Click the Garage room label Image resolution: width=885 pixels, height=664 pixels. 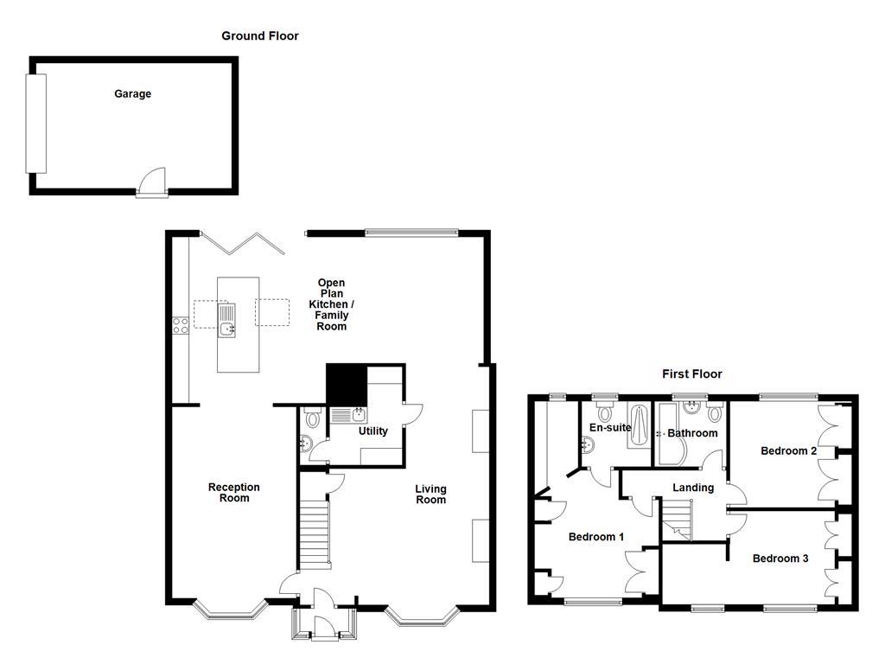pyautogui.click(x=132, y=93)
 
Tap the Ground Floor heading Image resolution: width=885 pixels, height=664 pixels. pyautogui.click(x=260, y=35)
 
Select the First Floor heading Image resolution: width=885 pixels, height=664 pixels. pyautogui.click(x=691, y=373)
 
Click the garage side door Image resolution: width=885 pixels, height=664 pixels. pyautogui.click(x=152, y=182)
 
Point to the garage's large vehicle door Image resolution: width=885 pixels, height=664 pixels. pyautogui.click(x=35, y=123)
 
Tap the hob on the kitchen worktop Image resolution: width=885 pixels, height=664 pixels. pyautogui.click(x=181, y=325)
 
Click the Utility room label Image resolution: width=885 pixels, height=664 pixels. pyautogui.click(x=372, y=431)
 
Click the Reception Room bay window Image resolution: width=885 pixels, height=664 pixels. pyautogui.click(x=229, y=611)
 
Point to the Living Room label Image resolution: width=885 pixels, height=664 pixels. pyautogui.click(x=430, y=495)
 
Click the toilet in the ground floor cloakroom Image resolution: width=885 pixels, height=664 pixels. pyautogui.click(x=312, y=418)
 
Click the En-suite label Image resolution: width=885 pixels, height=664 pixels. pyautogui.click(x=610, y=427)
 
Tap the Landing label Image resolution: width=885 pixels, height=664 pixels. pyautogui.click(x=693, y=488)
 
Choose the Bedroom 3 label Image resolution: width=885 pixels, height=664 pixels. pyautogui.click(x=780, y=559)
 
